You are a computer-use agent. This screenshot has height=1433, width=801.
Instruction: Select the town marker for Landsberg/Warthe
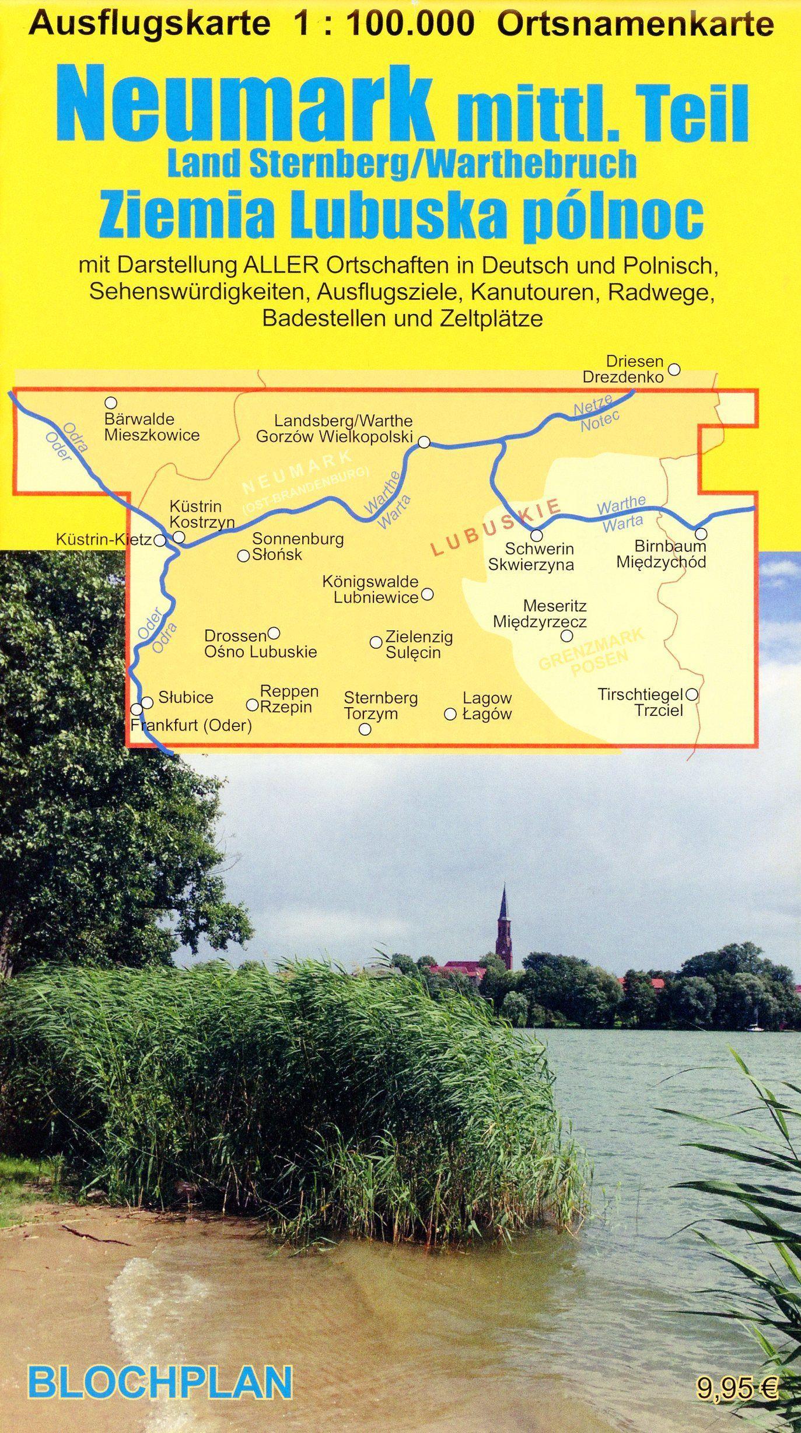coord(425,443)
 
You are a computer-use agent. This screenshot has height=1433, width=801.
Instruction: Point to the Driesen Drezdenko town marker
coord(674,369)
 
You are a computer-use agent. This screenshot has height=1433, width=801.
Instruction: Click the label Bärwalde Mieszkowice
coord(152,427)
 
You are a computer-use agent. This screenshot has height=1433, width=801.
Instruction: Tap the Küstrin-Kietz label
coord(104,540)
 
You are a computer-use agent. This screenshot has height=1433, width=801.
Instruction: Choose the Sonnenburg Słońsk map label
coord(298,547)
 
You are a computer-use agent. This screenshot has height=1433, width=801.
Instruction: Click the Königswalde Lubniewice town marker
coord(427,595)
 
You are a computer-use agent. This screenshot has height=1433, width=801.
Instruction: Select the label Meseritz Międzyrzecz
coord(540,614)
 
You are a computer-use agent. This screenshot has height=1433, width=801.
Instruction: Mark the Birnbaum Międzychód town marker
coord(701,533)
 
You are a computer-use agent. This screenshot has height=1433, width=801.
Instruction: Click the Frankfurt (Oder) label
coord(191,726)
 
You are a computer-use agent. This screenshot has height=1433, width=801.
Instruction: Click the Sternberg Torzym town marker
coord(365,729)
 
